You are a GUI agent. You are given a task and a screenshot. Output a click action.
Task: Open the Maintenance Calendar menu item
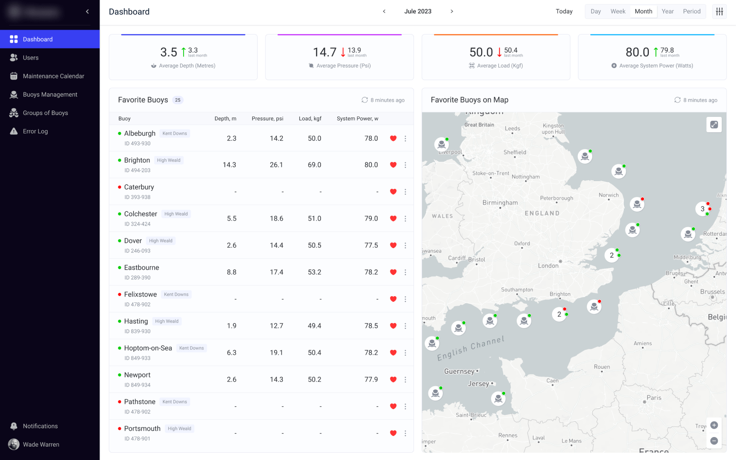point(53,76)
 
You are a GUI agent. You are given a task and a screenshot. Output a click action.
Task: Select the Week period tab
point(618,11)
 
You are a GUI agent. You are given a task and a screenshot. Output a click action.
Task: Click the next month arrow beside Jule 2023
point(451,11)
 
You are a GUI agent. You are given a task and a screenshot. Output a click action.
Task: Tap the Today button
point(564,11)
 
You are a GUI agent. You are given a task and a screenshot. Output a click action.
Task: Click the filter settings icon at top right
point(719,11)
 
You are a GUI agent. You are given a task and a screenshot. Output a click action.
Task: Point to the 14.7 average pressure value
point(324,52)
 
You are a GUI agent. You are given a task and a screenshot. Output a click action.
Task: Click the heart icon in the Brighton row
point(393,165)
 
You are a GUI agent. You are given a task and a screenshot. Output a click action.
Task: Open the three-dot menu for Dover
point(405,245)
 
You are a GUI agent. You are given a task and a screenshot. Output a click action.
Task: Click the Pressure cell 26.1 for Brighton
point(276,165)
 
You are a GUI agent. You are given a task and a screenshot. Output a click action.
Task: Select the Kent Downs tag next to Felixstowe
point(176,295)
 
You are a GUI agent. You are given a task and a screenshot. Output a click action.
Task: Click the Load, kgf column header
point(310,119)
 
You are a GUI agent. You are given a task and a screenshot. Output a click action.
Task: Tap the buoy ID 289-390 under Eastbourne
point(138,278)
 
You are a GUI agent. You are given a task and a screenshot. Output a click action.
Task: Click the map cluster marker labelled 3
point(702,209)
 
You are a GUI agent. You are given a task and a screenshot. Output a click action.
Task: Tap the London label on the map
point(548,266)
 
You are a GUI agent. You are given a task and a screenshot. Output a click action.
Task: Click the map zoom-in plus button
point(714,425)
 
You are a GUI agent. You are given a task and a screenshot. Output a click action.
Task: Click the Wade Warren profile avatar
point(14,445)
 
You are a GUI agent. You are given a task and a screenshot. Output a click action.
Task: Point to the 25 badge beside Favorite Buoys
point(178,100)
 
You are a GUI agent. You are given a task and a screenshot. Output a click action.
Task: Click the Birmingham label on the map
point(500,203)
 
